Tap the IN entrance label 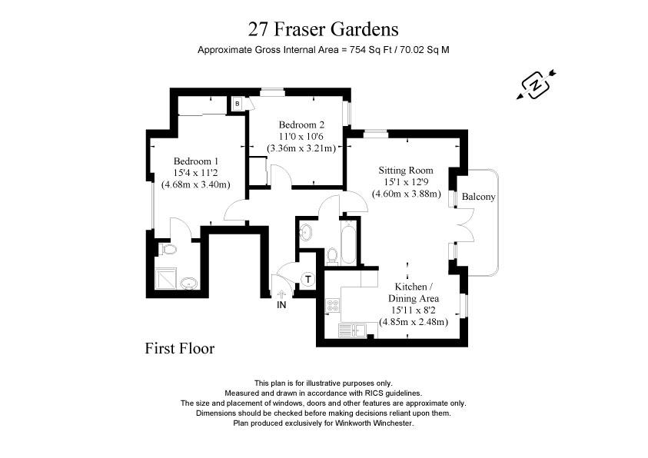tap(282, 305)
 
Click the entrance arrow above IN tap(282, 293)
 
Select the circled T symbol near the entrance tap(307, 278)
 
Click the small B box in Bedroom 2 tap(238, 103)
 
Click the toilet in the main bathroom tap(332, 256)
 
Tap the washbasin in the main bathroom tap(304, 231)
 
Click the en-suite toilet tap(168, 249)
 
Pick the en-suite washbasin tap(189, 284)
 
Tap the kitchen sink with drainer tap(353, 330)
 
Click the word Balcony tap(478, 197)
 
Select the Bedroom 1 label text tap(196, 161)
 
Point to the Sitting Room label tap(405, 170)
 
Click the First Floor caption tap(180, 348)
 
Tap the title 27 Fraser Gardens tap(324, 29)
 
